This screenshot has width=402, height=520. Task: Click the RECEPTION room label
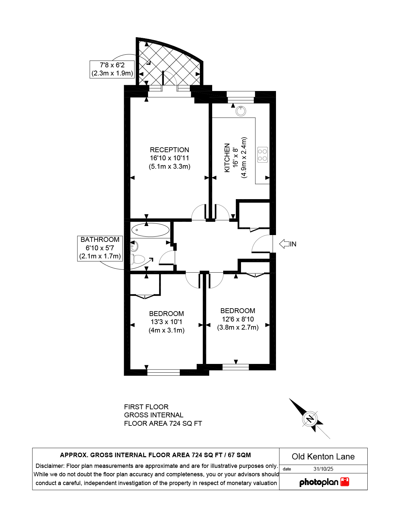(x=169, y=150)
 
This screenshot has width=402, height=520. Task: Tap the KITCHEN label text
(x=227, y=158)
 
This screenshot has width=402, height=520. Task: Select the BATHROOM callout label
(x=100, y=240)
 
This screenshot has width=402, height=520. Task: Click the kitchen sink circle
(x=241, y=111)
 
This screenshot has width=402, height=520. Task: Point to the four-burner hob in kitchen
(x=262, y=155)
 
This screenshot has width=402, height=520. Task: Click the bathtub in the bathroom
(x=150, y=230)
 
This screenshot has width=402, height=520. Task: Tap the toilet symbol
(x=138, y=259)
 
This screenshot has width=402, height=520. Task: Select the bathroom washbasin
(x=134, y=246)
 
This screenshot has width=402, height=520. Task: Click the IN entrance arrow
(x=284, y=244)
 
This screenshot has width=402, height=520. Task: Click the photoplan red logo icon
(x=345, y=481)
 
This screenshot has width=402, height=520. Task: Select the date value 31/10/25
(x=323, y=469)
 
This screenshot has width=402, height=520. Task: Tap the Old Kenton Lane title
(x=323, y=456)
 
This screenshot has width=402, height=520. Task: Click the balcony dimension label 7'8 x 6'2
(x=112, y=65)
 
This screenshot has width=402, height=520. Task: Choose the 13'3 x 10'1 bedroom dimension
(x=167, y=322)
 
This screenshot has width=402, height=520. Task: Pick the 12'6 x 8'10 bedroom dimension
(x=238, y=319)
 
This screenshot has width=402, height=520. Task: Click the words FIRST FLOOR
(x=146, y=407)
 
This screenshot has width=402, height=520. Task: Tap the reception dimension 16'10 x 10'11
(x=169, y=158)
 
